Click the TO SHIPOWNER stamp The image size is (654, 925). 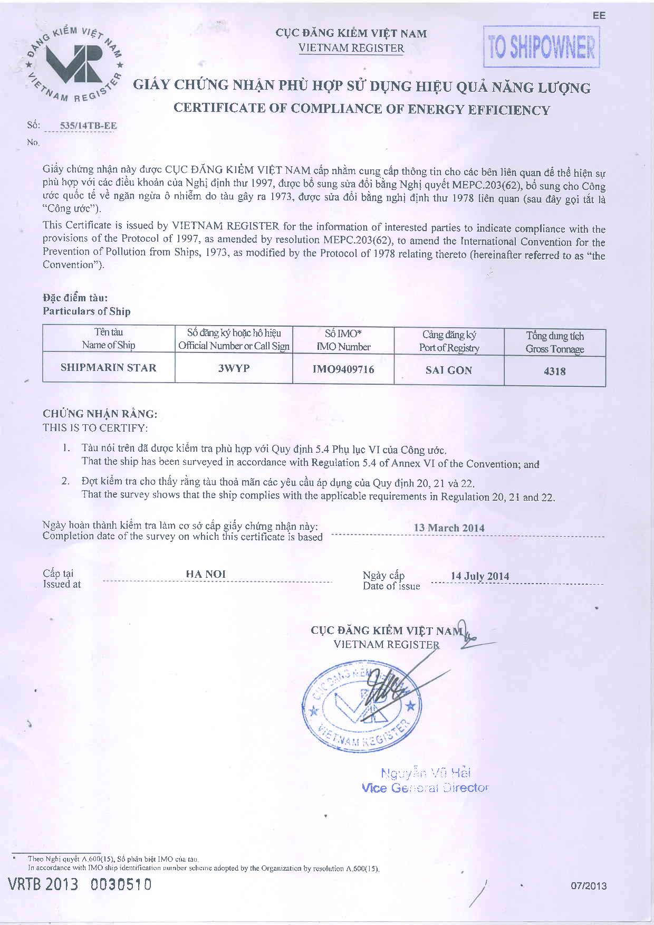point(542,47)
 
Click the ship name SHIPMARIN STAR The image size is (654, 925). point(109,368)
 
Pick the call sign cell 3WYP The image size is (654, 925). point(234,368)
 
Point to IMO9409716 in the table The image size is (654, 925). point(343,369)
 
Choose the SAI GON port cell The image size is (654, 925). point(449,370)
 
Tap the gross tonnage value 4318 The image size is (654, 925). point(555,371)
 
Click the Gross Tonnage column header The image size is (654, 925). point(555,342)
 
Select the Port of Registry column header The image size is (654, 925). point(449,341)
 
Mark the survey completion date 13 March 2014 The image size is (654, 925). point(449,528)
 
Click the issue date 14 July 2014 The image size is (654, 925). point(480,576)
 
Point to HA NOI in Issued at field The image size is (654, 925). point(206,574)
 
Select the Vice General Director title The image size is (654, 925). point(425,788)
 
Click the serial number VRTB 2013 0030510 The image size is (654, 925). point(80,884)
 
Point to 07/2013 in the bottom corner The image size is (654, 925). point(589,886)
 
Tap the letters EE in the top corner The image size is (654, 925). point(599,16)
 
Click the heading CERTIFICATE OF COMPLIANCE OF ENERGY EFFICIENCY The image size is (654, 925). point(362,109)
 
